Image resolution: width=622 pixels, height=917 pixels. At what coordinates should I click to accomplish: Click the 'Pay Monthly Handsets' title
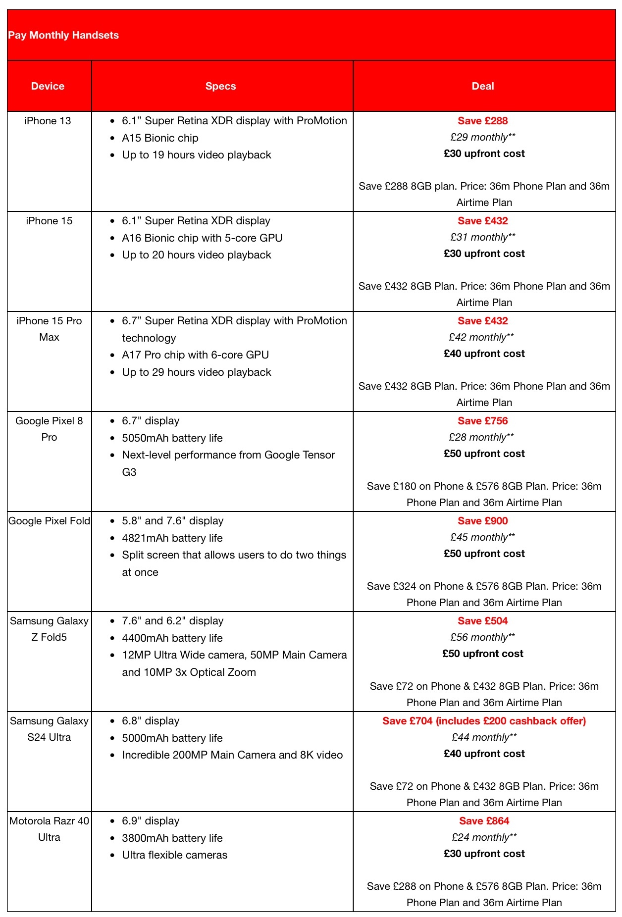63,35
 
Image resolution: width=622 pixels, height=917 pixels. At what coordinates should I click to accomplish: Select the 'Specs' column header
220,86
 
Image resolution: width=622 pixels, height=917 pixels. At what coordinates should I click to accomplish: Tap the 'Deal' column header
483,86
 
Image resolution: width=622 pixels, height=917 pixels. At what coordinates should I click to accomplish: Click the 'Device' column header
48,86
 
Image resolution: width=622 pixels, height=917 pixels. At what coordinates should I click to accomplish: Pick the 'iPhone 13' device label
48,121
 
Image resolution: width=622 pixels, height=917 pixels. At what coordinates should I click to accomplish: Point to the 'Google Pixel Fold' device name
49,521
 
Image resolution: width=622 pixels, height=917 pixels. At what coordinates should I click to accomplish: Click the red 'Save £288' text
483,121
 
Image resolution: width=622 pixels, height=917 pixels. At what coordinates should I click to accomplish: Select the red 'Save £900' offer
483,521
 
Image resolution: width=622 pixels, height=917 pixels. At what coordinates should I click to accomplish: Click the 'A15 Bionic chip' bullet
160,138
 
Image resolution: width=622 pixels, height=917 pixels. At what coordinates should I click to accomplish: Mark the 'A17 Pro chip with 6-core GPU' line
195,355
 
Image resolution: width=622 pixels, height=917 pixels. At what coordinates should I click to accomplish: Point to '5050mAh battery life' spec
172,438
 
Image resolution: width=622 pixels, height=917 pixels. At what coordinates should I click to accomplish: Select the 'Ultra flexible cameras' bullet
174,855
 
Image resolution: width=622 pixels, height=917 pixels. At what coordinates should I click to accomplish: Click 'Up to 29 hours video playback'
196,372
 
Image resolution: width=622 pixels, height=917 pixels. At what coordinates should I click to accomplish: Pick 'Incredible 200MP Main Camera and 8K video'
232,755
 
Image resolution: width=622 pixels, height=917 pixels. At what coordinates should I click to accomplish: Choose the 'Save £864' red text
484,821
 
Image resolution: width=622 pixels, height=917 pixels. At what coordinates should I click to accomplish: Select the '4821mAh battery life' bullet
172,538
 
